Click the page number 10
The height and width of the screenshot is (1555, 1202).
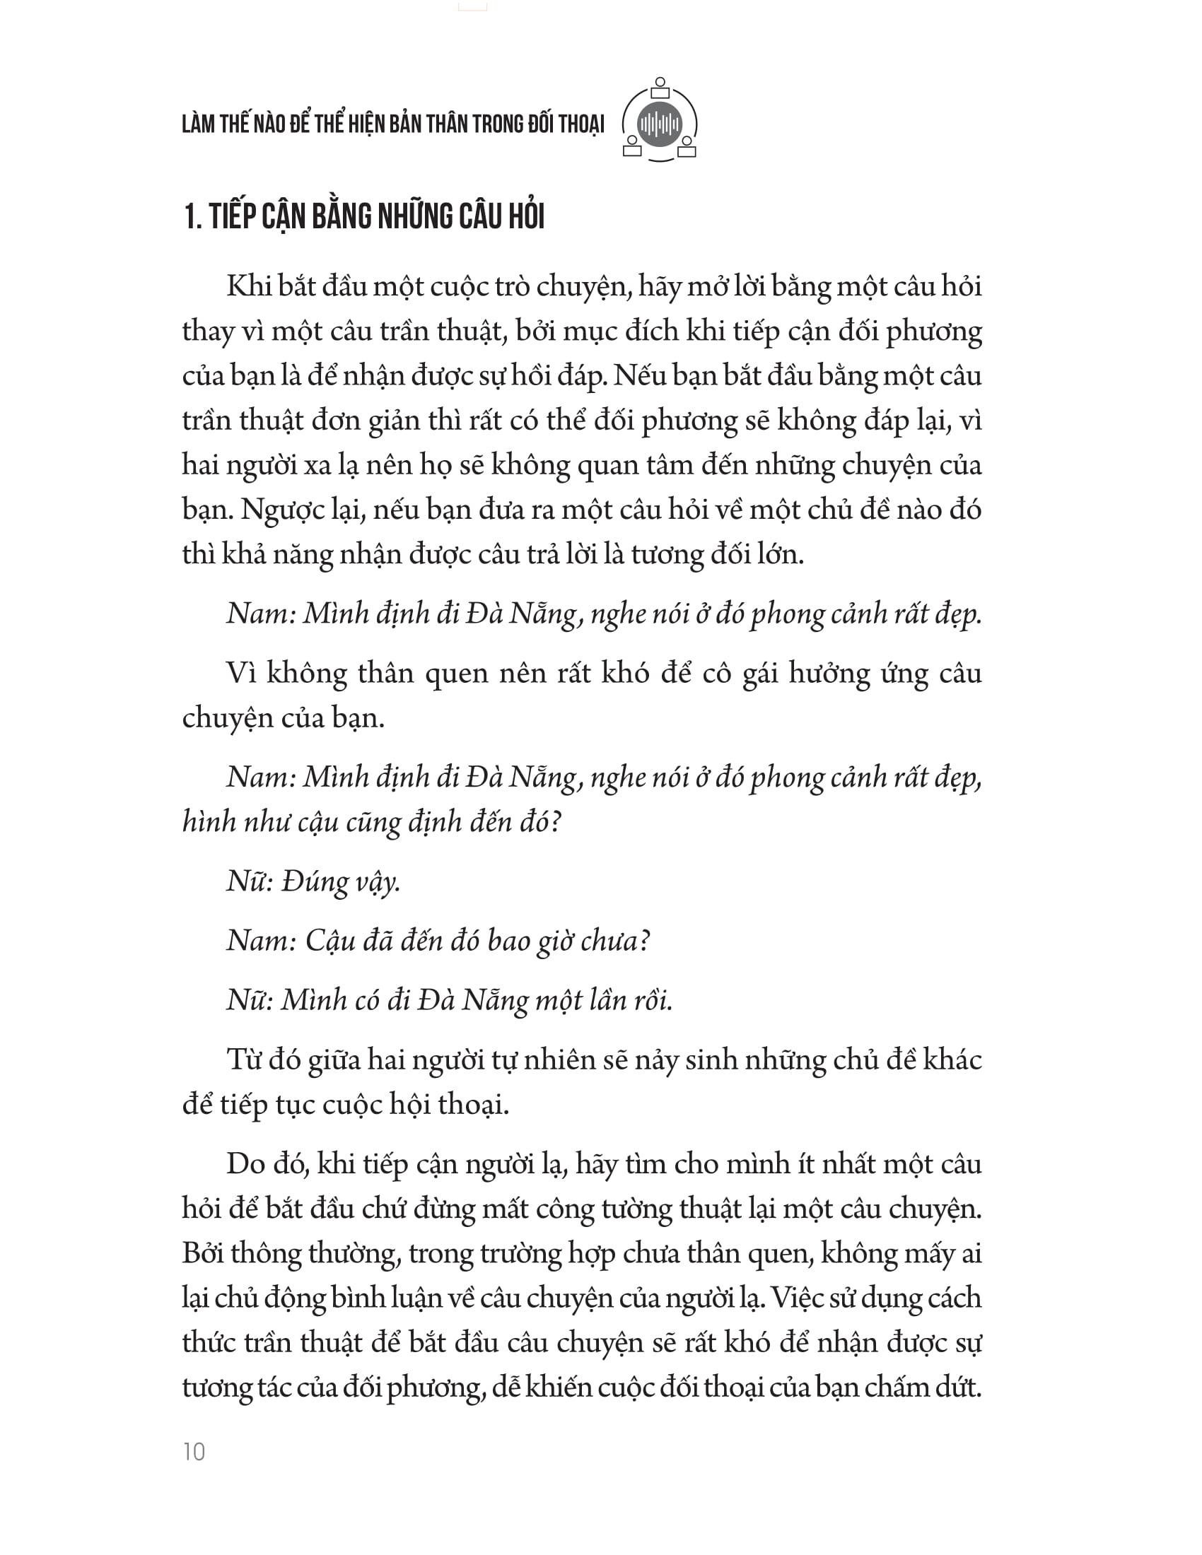point(194,1451)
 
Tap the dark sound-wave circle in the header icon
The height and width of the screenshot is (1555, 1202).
point(660,124)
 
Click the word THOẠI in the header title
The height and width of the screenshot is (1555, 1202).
point(580,124)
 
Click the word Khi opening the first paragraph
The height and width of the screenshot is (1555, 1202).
point(246,286)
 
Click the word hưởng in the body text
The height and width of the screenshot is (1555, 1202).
point(829,674)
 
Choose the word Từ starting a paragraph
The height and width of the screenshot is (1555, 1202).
point(244,1060)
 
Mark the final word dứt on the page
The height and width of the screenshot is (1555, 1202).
point(959,1387)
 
